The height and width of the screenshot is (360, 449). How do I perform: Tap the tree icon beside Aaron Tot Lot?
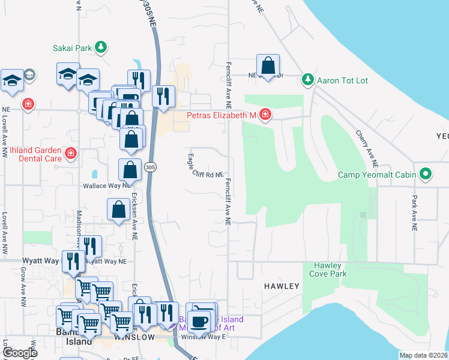(x=308, y=80)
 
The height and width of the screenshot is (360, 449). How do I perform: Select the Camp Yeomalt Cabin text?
(x=377, y=175)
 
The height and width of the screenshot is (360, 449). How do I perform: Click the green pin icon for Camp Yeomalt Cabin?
(x=426, y=175)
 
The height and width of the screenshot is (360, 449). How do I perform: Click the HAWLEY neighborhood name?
(x=282, y=286)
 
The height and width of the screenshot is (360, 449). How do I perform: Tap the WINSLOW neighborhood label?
(x=134, y=337)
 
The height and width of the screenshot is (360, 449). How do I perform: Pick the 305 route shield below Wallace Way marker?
(x=150, y=169)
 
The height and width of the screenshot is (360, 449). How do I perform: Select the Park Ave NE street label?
(x=414, y=212)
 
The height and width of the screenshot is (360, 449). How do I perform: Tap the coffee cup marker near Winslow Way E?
(x=199, y=322)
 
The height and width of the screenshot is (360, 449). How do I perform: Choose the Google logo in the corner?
(x=20, y=353)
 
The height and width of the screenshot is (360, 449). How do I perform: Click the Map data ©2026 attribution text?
(x=423, y=355)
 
